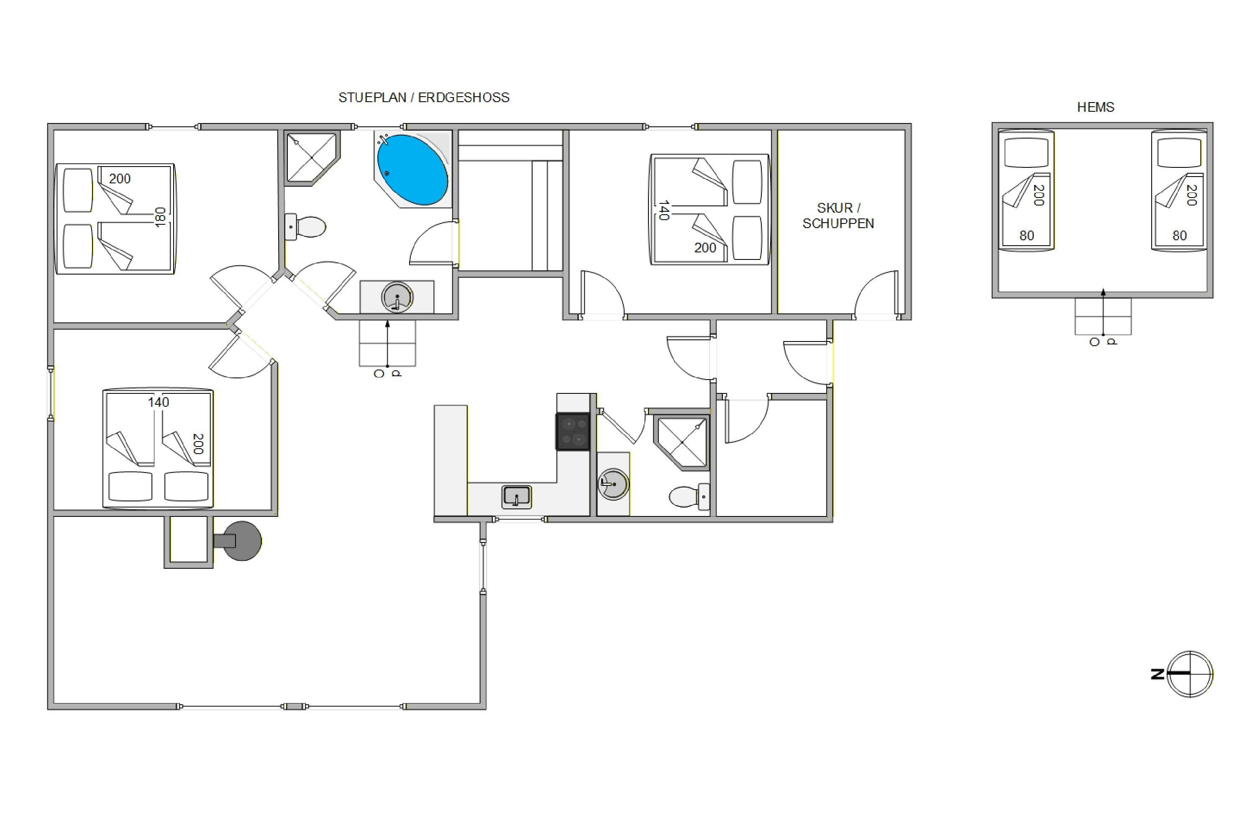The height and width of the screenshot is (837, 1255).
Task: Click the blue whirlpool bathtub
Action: click(412, 170)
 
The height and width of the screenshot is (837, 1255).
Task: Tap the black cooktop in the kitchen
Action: click(573, 431)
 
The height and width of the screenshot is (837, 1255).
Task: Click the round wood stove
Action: click(241, 541)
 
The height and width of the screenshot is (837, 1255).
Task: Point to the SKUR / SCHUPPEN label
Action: click(838, 216)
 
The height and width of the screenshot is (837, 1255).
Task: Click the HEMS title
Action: click(1096, 107)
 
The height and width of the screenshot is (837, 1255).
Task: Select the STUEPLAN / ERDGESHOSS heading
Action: click(424, 98)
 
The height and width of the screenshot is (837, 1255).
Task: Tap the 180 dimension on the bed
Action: click(160, 217)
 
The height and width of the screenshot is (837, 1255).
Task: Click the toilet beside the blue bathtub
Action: click(305, 227)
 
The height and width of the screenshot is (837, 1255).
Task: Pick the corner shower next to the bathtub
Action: click(312, 159)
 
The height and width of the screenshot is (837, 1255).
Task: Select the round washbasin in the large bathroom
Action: click(397, 297)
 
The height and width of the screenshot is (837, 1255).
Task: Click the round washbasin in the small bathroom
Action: click(613, 484)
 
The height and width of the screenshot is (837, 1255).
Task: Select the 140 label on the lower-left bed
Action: click(159, 402)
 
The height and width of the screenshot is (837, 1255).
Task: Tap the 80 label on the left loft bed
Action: click(1027, 235)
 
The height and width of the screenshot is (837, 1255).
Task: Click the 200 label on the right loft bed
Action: click(1191, 195)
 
